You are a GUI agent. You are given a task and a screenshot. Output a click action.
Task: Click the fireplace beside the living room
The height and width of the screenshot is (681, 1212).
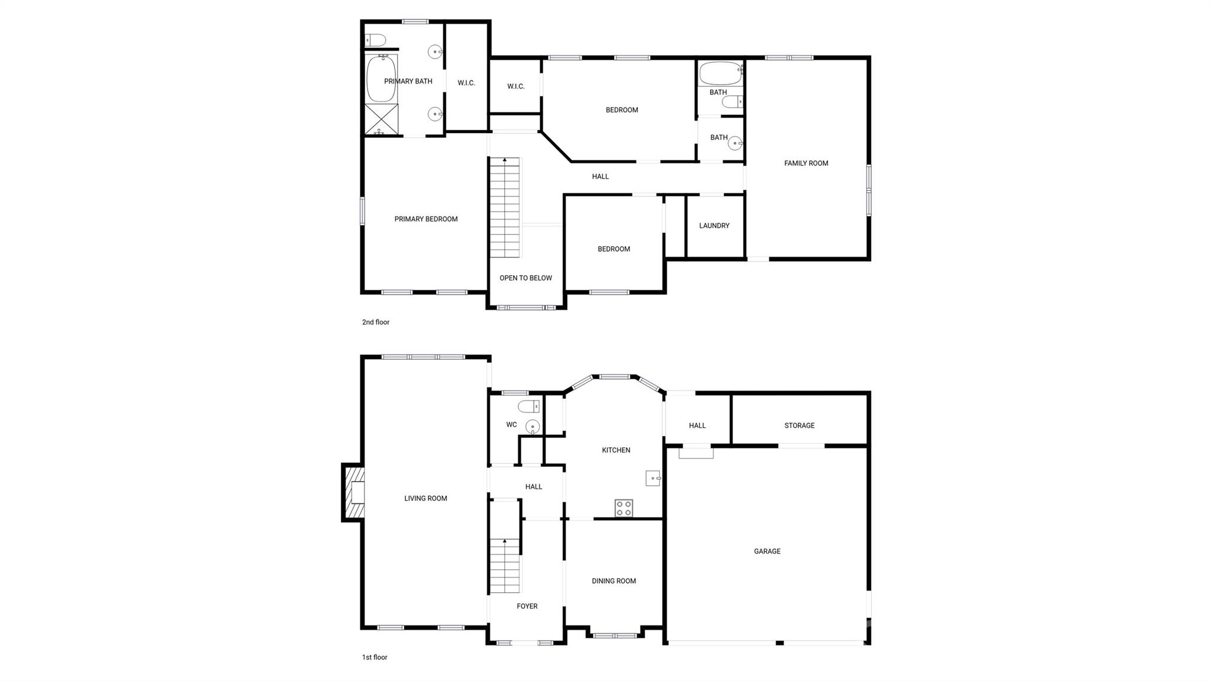[x=353, y=492]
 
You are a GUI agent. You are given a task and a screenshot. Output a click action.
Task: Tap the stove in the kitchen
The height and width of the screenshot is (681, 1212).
[x=624, y=508]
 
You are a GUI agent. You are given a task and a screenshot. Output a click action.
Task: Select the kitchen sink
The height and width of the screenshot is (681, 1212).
[x=653, y=478]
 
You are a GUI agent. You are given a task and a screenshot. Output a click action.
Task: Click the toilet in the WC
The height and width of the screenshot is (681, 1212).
[x=529, y=406]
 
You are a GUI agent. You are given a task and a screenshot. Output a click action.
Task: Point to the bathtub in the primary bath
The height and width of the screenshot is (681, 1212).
[x=382, y=79]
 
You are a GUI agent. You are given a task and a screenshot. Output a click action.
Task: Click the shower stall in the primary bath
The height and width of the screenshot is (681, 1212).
[x=381, y=119]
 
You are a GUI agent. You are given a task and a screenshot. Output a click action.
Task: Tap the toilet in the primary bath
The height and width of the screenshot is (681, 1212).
[x=375, y=40]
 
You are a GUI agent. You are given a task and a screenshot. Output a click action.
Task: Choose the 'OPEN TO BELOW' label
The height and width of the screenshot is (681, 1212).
[x=526, y=278]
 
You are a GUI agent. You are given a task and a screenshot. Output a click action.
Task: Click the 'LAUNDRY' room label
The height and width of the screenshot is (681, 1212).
[x=714, y=225]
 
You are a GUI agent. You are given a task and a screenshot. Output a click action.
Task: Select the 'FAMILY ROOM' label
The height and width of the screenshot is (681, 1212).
[x=806, y=163]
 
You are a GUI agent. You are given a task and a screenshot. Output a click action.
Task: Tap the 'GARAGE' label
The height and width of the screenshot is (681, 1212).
[x=767, y=551]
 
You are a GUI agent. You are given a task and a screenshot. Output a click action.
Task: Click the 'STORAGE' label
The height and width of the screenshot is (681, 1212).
[x=800, y=425]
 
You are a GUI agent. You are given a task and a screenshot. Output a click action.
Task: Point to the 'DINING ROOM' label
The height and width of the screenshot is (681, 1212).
[x=614, y=581]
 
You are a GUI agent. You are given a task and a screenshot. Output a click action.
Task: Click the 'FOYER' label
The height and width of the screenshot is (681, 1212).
[x=527, y=606]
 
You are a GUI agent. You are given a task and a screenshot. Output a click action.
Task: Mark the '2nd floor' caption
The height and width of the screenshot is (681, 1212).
[x=376, y=322]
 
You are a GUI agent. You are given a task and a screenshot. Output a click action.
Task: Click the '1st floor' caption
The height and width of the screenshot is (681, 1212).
[x=375, y=657]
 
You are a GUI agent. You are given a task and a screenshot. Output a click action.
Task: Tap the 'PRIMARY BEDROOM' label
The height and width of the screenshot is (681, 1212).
[x=426, y=219]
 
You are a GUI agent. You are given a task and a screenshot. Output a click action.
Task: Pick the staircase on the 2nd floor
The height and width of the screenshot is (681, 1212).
[x=505, y=208]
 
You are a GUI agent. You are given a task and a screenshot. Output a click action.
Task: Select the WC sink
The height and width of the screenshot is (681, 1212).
[x=533, y=426]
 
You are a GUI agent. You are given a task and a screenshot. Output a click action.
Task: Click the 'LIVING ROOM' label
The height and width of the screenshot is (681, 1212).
[x=426, y=499]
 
